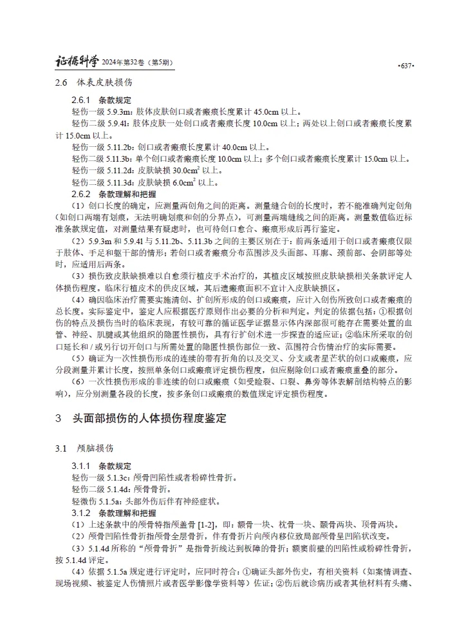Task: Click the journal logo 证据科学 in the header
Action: point(77,62)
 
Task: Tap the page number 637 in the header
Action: point(405,66)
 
